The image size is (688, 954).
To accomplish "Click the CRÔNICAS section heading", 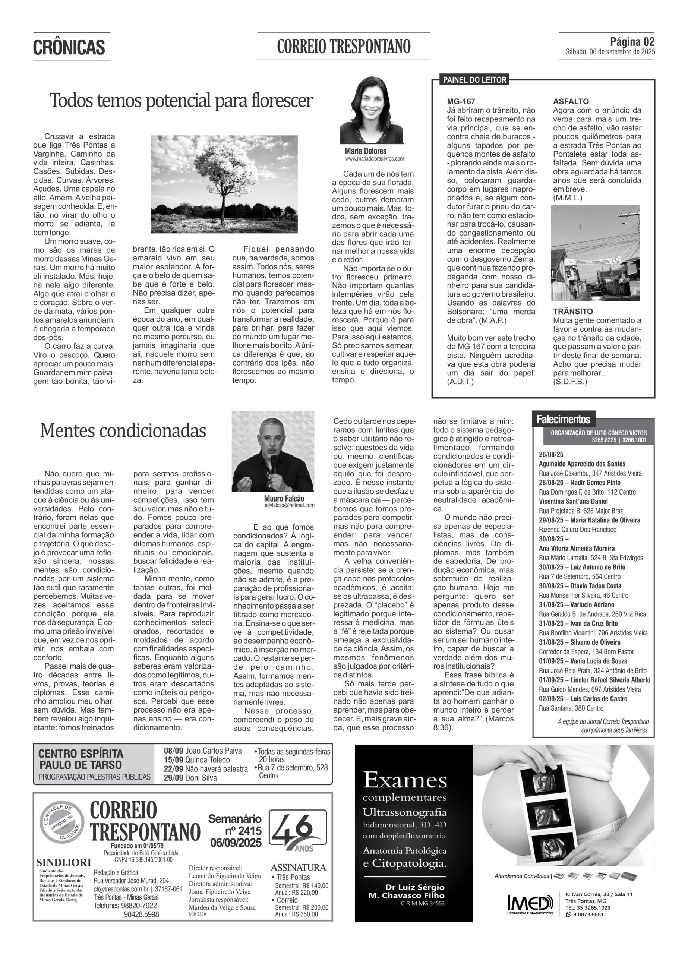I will coord(69,47).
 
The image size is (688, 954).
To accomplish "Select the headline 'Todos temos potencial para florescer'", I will coord(181,101).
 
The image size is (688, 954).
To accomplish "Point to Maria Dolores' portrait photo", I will coord(371,110).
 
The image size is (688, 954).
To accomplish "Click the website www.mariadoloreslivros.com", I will coord(374,159).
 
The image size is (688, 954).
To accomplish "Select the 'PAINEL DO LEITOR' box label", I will coord(474,80).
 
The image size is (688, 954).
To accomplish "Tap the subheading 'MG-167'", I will coord(461,101).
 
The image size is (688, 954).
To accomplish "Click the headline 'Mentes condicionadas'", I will coord(123,430).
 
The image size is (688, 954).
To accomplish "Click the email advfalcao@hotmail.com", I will coord(289,505).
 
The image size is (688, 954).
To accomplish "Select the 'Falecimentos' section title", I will coord(563,419).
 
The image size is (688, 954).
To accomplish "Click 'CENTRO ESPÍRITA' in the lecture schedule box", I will coord(81,754).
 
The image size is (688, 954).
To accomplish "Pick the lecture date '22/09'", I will coord(173,768).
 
